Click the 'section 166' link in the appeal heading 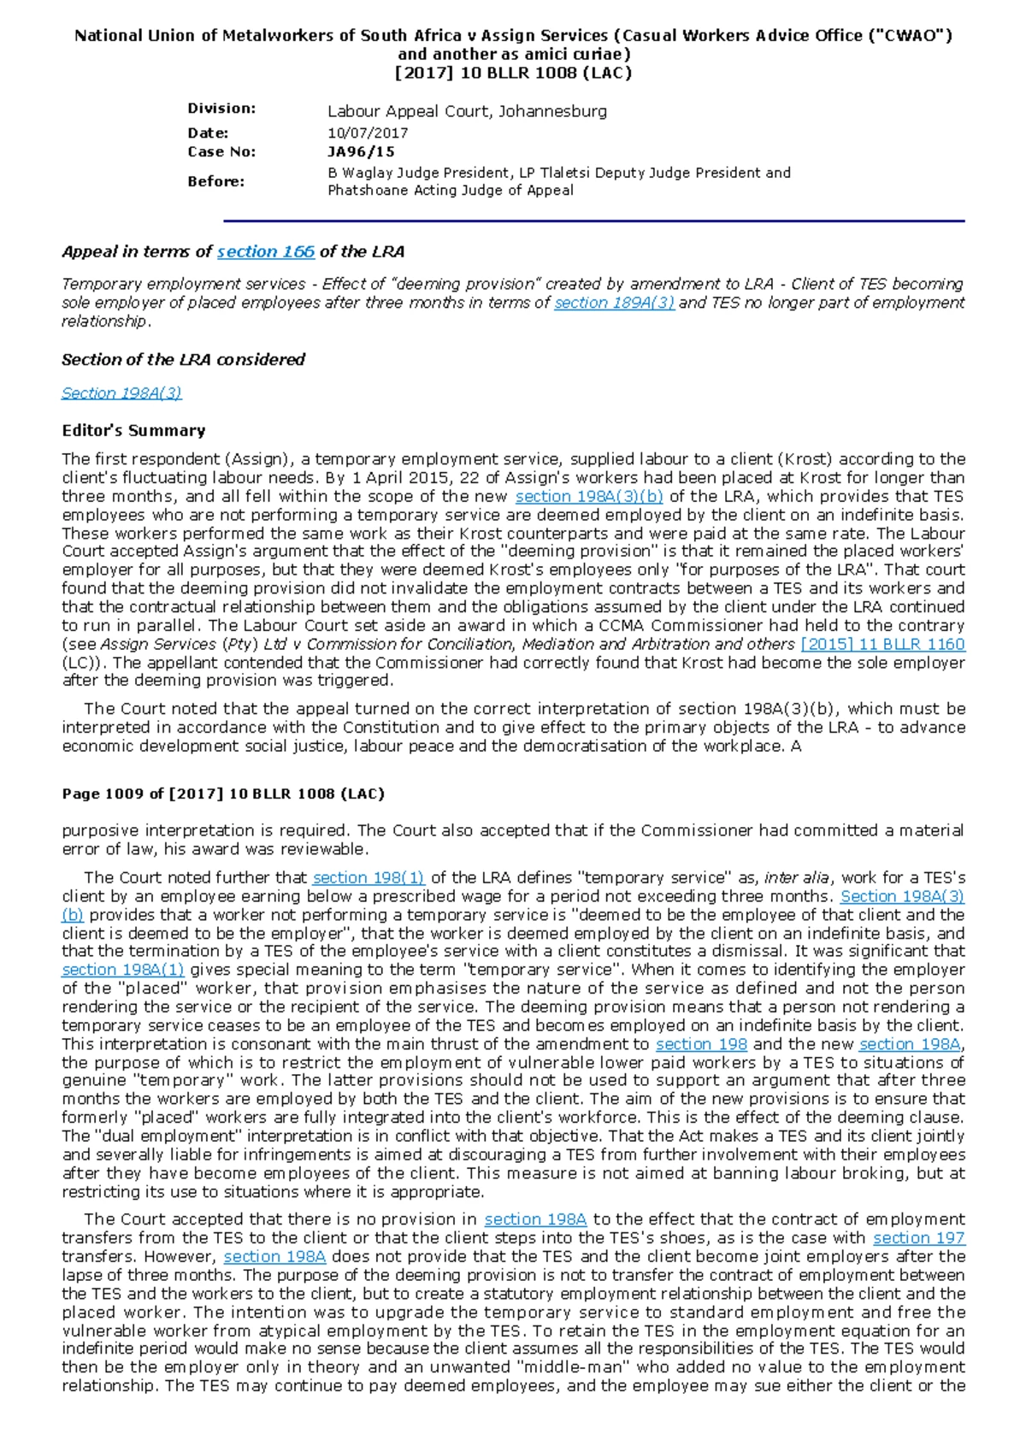pos(265,251)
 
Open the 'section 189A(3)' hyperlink pos(614,303)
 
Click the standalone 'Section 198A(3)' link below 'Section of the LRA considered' pos(121,393)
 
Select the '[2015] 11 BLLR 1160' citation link pos(882,644)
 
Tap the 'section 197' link pos(918,1237)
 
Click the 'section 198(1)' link pos(369,877)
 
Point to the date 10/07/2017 pos(368,133)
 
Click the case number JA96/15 pos(361,152)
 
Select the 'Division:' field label pos(221,109)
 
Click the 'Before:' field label pos(215,181)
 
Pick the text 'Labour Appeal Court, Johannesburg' pos(467,111)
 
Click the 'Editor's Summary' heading pos(133,430)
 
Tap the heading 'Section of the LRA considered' pos(183,359)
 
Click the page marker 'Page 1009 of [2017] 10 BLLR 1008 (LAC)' pos(223,794)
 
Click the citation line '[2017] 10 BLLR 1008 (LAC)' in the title pos(513,73)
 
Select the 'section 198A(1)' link pos(123,970)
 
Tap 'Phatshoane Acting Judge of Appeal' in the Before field pos(451,191)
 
